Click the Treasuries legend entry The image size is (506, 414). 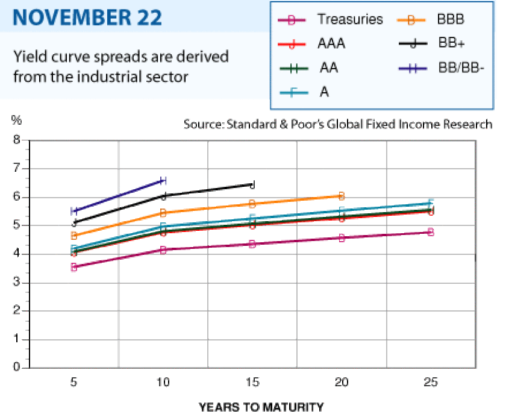pyautogui.click(x=330, y=19)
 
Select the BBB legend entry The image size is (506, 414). pyautogui.click(x=431, y=19)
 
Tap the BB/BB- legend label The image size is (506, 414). pyautogui.click(x=461, y=68)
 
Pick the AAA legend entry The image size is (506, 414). pyautogui.click(x=311, y=43)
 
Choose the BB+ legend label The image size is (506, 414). pyautogui.click(x=451, y=43)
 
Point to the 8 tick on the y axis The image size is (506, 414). pyautogui.click(x=16, y=140)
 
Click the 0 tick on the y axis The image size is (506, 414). pyautogui.click(x=16, y=367)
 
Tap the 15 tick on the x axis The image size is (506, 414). pyautogui.click(x=252, y=382)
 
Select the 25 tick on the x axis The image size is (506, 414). pyautogui.click(x=431, y=382)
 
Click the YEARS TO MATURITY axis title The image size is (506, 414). pyautogui.click(x=261, y=407)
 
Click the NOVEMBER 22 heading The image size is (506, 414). pyautogui.click(x=87, y=17)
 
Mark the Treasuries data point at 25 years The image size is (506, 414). pyautogui.click(x=431, y=232)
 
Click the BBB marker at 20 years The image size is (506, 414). pyautogui.click(x=342, y=196)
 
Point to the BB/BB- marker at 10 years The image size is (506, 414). pyautogui.click(x=163, y=181)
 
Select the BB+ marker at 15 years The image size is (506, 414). pyautogui.click(x=252, y=185)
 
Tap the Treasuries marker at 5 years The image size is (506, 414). pyautogui.click(x=74, y=267)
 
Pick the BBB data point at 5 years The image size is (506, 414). pyautogui.click(x=74, y=236)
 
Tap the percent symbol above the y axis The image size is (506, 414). pyautogui.click(x=16, y=120)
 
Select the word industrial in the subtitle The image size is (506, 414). pyautogui.click(x=133, y=77)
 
